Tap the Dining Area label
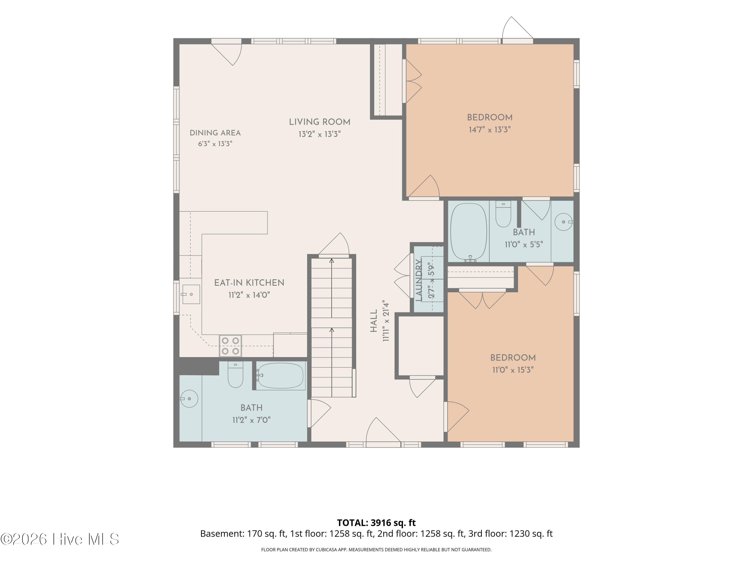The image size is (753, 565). point(215,133)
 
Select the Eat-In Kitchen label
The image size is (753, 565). point(249,283)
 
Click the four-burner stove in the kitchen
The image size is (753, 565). point(230,346)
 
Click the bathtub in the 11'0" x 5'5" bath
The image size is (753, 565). point(468,233)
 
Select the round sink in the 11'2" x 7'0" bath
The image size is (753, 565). point(189,399)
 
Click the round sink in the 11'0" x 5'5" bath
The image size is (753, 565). point(564,222)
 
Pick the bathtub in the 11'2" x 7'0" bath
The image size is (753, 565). point(280,376)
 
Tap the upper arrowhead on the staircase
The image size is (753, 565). point(332,261)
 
